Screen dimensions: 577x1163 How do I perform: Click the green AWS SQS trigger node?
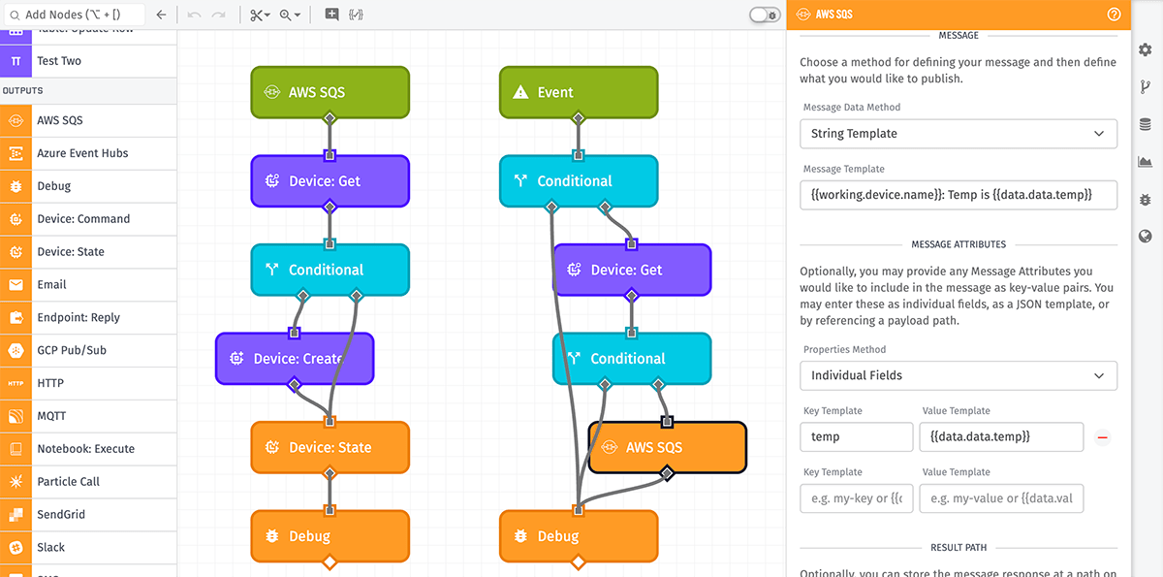click(330, 92)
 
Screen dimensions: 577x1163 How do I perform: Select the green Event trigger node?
click(579, 92)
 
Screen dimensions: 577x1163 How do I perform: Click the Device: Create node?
click(295, 359)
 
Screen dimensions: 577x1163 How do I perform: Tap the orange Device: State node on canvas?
click(330, 447)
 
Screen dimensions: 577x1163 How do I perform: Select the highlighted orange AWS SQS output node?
click(667, 447)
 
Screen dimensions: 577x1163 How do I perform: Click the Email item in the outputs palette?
click(87, 284)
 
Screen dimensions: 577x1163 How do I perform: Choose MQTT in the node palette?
click(87, 416)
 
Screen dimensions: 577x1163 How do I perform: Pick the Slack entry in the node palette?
click(87, 547)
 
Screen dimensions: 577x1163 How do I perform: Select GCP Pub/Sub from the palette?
click(87, 350)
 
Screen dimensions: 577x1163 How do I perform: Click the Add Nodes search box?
click(76, 15)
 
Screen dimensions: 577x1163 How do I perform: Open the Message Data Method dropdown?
click(958, 133)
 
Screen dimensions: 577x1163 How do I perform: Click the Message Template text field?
click(958, 194)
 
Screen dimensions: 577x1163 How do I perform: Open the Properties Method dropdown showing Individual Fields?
click(958, 374)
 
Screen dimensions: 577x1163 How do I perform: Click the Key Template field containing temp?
click(856, 436)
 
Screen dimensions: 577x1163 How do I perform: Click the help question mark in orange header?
click(1114, 15)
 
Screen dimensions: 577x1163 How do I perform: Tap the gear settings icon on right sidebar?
click(1145, 49)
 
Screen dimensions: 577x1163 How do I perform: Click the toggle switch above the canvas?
click(765, 15)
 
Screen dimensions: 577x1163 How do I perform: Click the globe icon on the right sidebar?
click(1145, 236)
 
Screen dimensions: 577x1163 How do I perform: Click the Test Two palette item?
click(87, 60)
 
